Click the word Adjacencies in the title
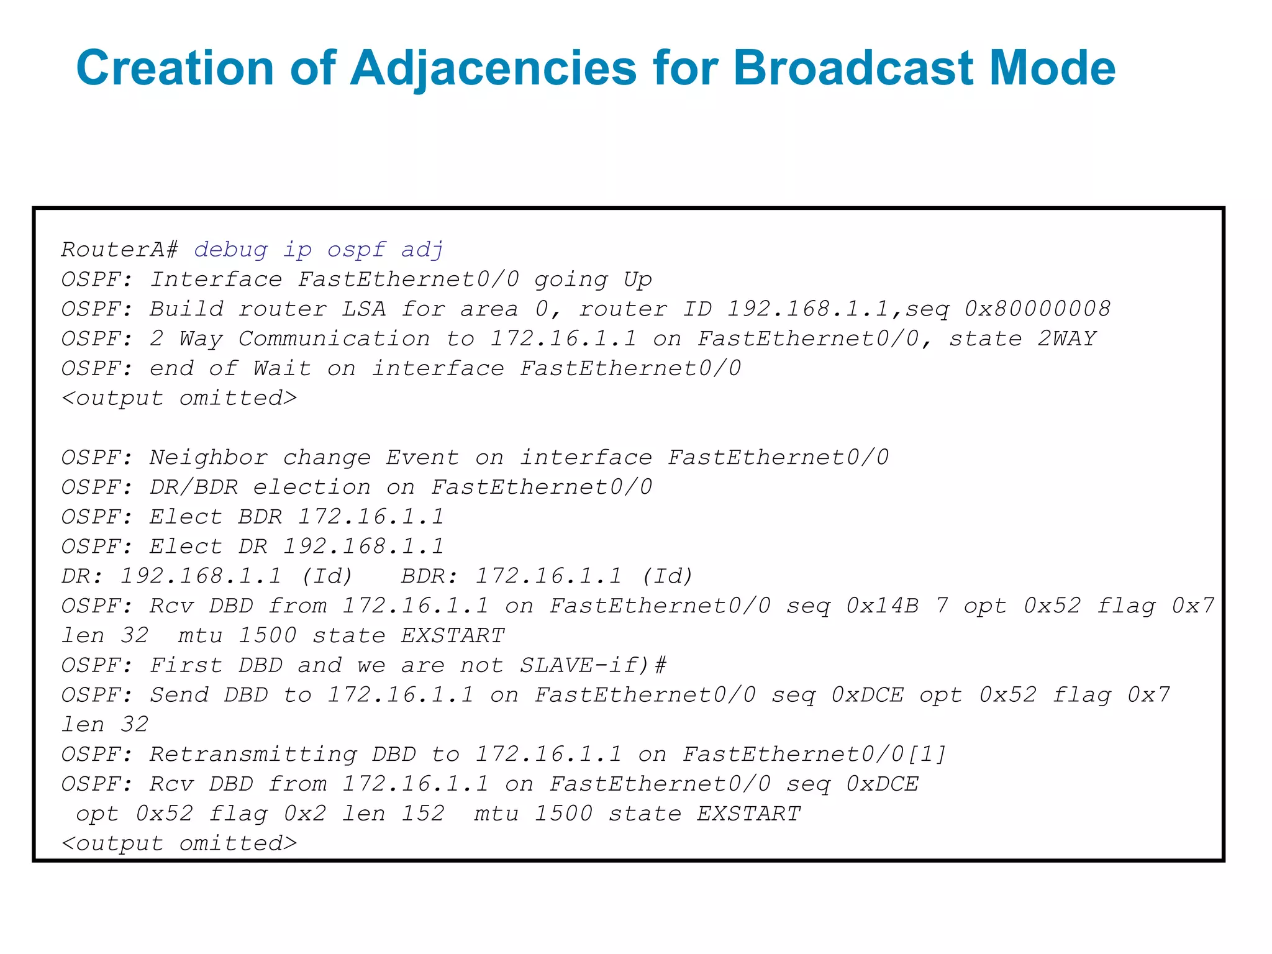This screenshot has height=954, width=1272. pos(494,68)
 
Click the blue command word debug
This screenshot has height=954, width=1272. pos(231,250)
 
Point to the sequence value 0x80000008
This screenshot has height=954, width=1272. pos(1038,309)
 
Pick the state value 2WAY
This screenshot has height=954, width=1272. pos(1067,338)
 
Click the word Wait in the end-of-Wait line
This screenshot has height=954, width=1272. pos(282,368)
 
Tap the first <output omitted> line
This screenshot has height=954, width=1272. pos(179,397)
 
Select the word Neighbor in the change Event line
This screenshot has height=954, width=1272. pos(209,458)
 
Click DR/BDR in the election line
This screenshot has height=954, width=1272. pos(194,487)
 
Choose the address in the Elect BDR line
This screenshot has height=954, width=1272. pos(371,517)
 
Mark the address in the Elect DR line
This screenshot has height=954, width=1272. pos(364,547)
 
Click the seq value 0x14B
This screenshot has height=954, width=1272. pos(883,606)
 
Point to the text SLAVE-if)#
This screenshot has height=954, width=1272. pos(593,665)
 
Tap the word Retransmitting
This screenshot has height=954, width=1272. pos(253,754)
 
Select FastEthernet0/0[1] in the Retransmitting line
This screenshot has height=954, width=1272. pos(815,754)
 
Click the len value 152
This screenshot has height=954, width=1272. pos(423,814)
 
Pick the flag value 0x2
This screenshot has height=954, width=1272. pos(305,814)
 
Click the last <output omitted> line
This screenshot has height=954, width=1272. pos(179,843)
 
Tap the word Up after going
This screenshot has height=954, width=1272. pos(638,279)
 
